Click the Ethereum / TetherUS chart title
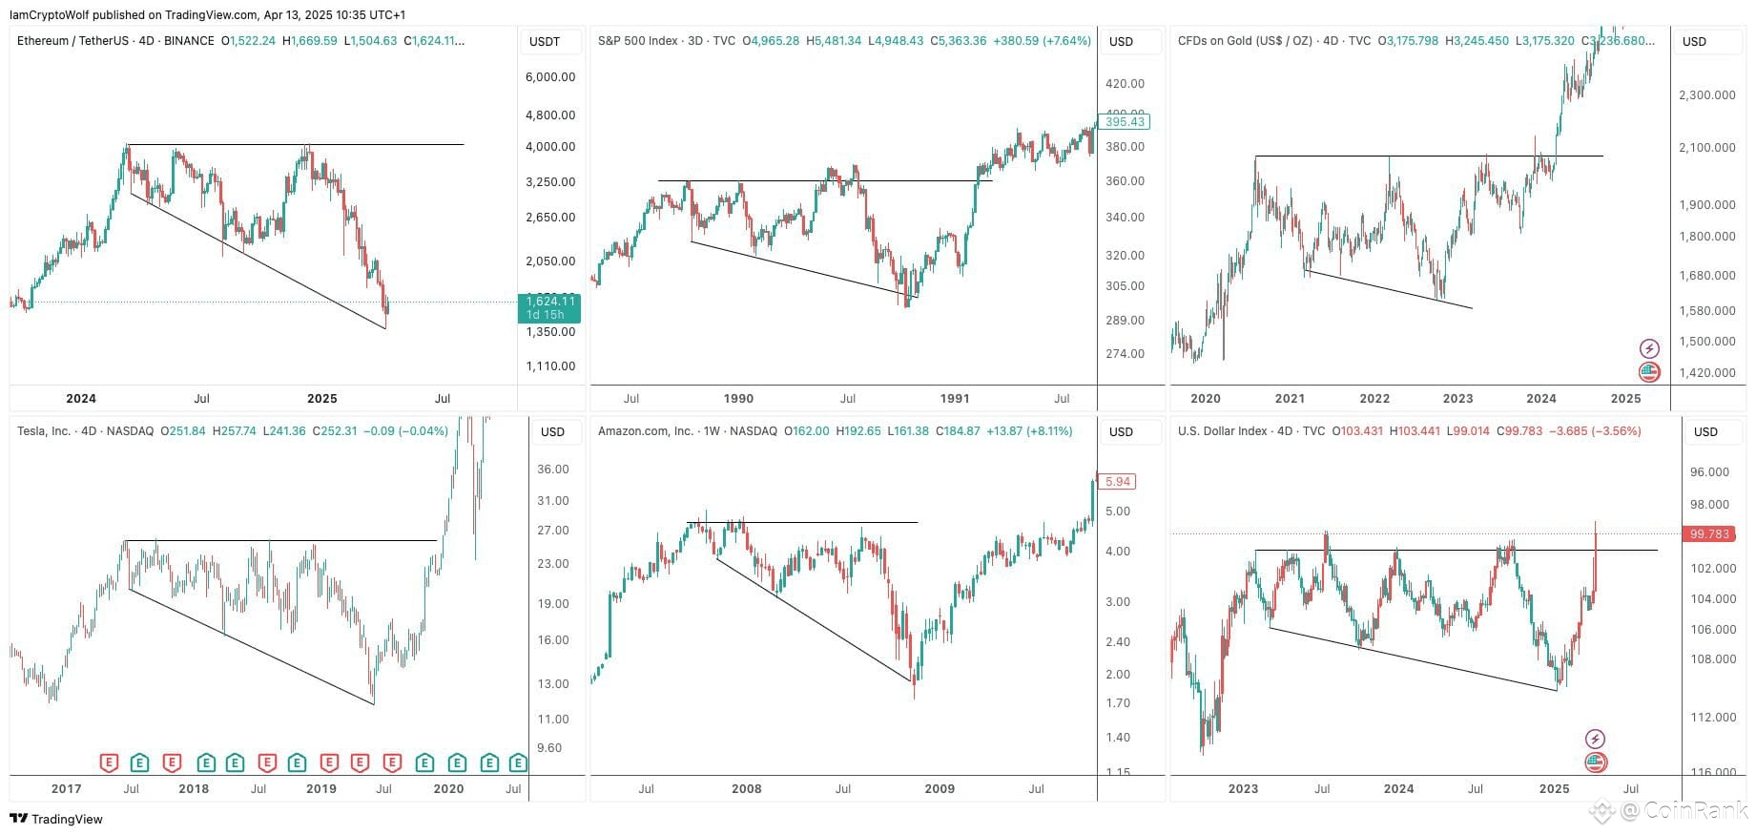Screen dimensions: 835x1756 [115, 41]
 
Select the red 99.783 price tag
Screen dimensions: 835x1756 [1709, 534]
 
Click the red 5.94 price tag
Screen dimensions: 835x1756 [1117, 482]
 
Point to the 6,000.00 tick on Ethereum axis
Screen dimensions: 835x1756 [550, 77]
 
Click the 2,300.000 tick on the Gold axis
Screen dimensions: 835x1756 [1706, 95]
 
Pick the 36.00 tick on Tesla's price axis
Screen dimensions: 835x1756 [553, 470]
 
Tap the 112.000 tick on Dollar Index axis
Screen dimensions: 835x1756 [1713, 718]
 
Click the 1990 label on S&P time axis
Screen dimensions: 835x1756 [738, 399]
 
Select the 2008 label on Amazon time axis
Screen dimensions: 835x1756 [746, 789]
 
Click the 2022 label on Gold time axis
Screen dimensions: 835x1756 [1374, 399]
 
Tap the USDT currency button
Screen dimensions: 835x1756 [545, 42]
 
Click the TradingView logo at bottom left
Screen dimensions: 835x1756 [56, 819]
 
